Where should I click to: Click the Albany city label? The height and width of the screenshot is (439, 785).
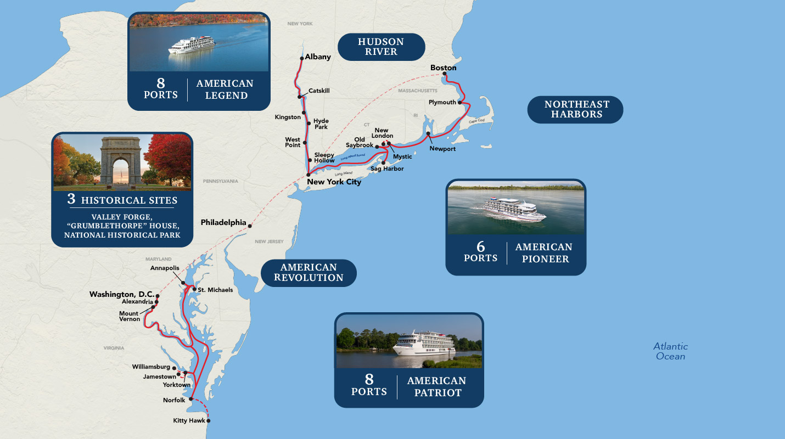(318, 57)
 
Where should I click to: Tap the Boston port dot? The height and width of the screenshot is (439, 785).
(444, 75)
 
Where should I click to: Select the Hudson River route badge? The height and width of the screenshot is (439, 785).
(381, 47)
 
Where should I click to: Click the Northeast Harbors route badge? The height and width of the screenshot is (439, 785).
(576, 109)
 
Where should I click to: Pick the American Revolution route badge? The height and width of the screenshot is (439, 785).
(309, 273)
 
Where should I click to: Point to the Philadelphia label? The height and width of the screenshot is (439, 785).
(223, 223)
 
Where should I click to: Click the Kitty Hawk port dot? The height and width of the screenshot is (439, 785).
(208, 421)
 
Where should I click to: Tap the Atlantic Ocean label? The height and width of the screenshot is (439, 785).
(670, 351)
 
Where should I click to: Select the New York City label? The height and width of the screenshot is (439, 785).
(334, 182)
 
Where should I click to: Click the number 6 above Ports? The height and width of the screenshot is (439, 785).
(480, 247)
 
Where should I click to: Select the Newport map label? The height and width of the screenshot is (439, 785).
(442, 149)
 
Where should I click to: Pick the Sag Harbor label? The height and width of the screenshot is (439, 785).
(387, 169)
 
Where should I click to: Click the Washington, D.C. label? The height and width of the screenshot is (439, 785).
(122, 295)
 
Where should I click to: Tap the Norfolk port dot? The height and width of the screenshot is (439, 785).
(191, 400)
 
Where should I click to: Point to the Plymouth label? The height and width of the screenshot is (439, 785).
(442, 103)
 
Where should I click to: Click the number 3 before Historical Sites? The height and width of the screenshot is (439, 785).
(71, 199)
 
